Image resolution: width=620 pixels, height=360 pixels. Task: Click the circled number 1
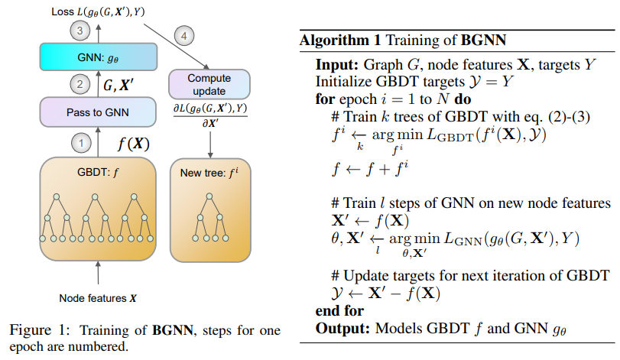81,143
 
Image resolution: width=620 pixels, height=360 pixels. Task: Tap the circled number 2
80,84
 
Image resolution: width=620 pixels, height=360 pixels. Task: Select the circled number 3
80,31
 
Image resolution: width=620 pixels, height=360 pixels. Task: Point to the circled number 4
184,36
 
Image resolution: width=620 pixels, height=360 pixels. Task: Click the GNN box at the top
99,57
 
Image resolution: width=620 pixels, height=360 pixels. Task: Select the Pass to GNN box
98,112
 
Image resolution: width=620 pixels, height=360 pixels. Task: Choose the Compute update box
209,84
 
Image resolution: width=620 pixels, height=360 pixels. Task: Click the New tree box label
209,173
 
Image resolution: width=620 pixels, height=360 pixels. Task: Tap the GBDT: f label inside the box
98,172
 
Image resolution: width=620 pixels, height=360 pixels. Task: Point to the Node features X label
98,298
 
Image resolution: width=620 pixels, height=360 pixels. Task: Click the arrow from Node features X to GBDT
98,272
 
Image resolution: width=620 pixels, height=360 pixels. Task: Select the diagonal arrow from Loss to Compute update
176,46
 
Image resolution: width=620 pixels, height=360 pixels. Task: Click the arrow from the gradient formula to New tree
210,144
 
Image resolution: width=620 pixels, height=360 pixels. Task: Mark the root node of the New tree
209,196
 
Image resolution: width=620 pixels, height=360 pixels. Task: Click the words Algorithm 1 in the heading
340,41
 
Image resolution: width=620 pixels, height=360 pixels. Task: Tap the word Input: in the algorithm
337,64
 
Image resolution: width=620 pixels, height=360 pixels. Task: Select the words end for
339,310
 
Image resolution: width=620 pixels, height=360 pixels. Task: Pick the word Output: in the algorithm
342,328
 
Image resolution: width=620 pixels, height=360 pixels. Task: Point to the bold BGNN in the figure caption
173,330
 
